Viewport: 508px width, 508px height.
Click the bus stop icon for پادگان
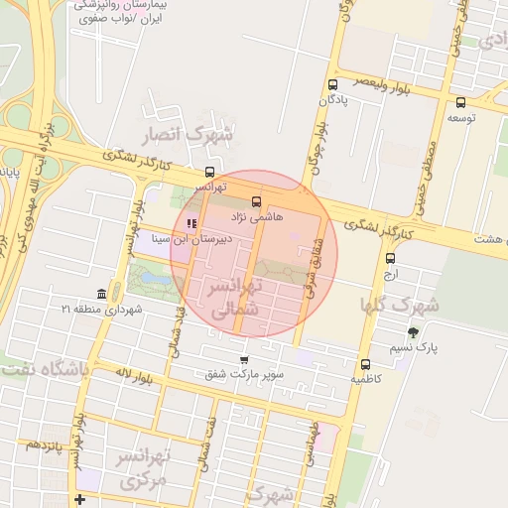(x=331, y=84)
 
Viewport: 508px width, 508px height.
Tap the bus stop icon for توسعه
(x=460, y=102)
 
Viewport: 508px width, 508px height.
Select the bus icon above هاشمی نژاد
(x=257, y=200)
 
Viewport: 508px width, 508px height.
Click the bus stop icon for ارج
(x=390, y=258)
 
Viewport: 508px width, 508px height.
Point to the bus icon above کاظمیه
(x=365, y=364)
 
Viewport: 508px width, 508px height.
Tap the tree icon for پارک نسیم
(x=413, y=332)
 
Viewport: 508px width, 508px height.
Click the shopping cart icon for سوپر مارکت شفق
(x=244, y=359)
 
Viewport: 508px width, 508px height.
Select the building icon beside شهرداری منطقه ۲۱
(x=102, y=294)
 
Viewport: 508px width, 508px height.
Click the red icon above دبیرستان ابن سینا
(x=191, y=222)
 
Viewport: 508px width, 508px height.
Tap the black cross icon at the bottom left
(x=78, y=498)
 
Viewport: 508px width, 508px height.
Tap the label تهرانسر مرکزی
(x=144, y=468)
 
